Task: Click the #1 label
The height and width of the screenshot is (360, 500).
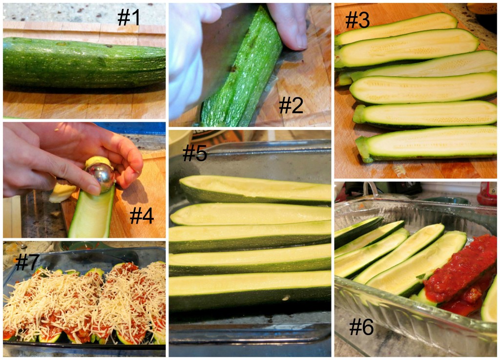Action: [128, 17]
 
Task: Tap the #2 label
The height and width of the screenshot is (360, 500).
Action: [291, 105]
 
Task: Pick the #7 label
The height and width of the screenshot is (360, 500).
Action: [27, 262]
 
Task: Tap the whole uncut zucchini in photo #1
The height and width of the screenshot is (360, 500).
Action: [84, 63]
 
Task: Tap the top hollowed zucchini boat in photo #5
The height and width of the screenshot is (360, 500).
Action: [255, 190]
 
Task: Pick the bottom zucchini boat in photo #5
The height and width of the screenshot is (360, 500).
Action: [250, 290]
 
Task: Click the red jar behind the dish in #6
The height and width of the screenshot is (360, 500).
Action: [487, 193]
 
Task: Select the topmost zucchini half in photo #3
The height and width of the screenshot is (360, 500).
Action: [396, 28]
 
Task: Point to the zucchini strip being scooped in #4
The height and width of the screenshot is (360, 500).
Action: [92, 212]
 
